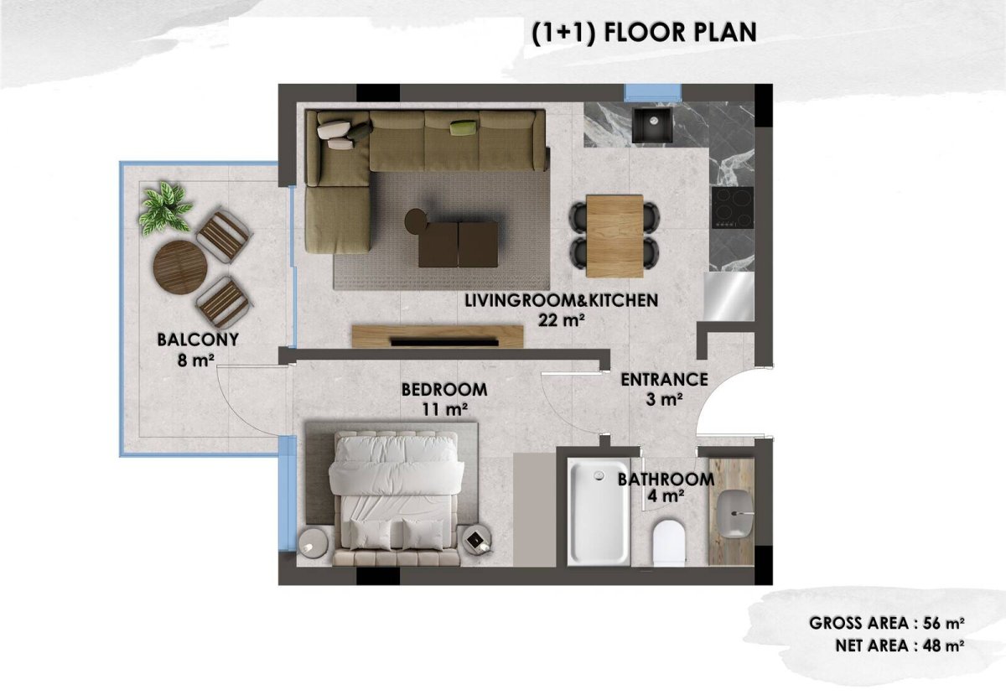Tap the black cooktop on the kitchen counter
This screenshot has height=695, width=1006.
(x=733, y=207)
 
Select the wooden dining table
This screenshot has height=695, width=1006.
(x=614, y=236)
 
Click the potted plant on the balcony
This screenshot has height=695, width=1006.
(x=165, y=208)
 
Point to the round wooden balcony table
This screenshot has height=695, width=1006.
(x=180, y=267)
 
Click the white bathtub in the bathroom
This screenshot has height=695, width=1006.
(x=599, y=511)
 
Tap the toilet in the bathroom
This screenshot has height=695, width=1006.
(x=669, y=542)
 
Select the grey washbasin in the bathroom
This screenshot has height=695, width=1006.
(x=734, y=514)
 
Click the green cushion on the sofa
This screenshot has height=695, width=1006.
(x=464, y=127)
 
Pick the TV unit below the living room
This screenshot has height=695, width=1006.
(x=438, y=336)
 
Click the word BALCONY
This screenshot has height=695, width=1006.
(x=198, y=340)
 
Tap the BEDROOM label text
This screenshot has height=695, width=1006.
(x=444, y=390)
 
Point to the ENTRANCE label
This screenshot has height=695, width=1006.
(x=664, y=380)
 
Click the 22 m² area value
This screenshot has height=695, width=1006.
(x=562, y=320)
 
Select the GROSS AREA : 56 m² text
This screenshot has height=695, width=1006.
(x=887, y=623)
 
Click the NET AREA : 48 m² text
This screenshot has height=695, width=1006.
(x=900, y=646)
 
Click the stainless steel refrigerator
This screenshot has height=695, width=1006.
(x=729, y=297)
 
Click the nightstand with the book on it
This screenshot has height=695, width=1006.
(x=477, y=540)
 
